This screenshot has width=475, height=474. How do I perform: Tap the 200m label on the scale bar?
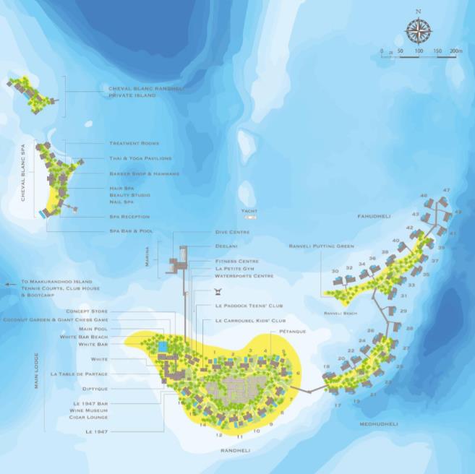(x=455, y=51)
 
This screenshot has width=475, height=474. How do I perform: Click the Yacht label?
(x=249, y=210)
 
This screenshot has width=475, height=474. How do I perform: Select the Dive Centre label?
(x=232, y=232)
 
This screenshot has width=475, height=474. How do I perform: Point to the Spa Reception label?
(x=129, y=217)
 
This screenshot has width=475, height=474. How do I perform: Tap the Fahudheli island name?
(x=373, y=216)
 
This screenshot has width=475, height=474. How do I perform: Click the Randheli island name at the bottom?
(x=235, y=449)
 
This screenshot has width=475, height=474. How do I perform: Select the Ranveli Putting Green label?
(x=321, y=246)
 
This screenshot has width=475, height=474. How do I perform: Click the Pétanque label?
(x=292, y=331)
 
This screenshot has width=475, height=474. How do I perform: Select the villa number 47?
(x=446, y=190)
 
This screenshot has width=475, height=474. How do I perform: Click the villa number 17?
(x=338, y=405)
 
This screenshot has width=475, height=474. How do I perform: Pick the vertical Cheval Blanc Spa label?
(x=24, y=172)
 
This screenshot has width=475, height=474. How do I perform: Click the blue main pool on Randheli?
(x=163, y=348)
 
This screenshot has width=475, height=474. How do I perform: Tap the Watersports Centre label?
(x=244, y=275)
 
